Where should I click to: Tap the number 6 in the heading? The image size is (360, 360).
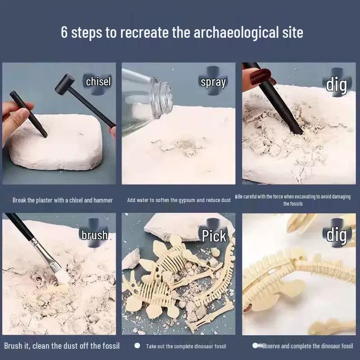(64, 32)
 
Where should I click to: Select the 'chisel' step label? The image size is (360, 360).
(98, 81)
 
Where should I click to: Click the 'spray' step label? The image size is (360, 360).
(213, 82)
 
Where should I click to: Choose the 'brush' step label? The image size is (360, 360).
(94, 234)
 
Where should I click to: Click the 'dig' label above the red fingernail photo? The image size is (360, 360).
(336, 84)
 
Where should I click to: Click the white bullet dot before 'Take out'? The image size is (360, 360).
(137, 346)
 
